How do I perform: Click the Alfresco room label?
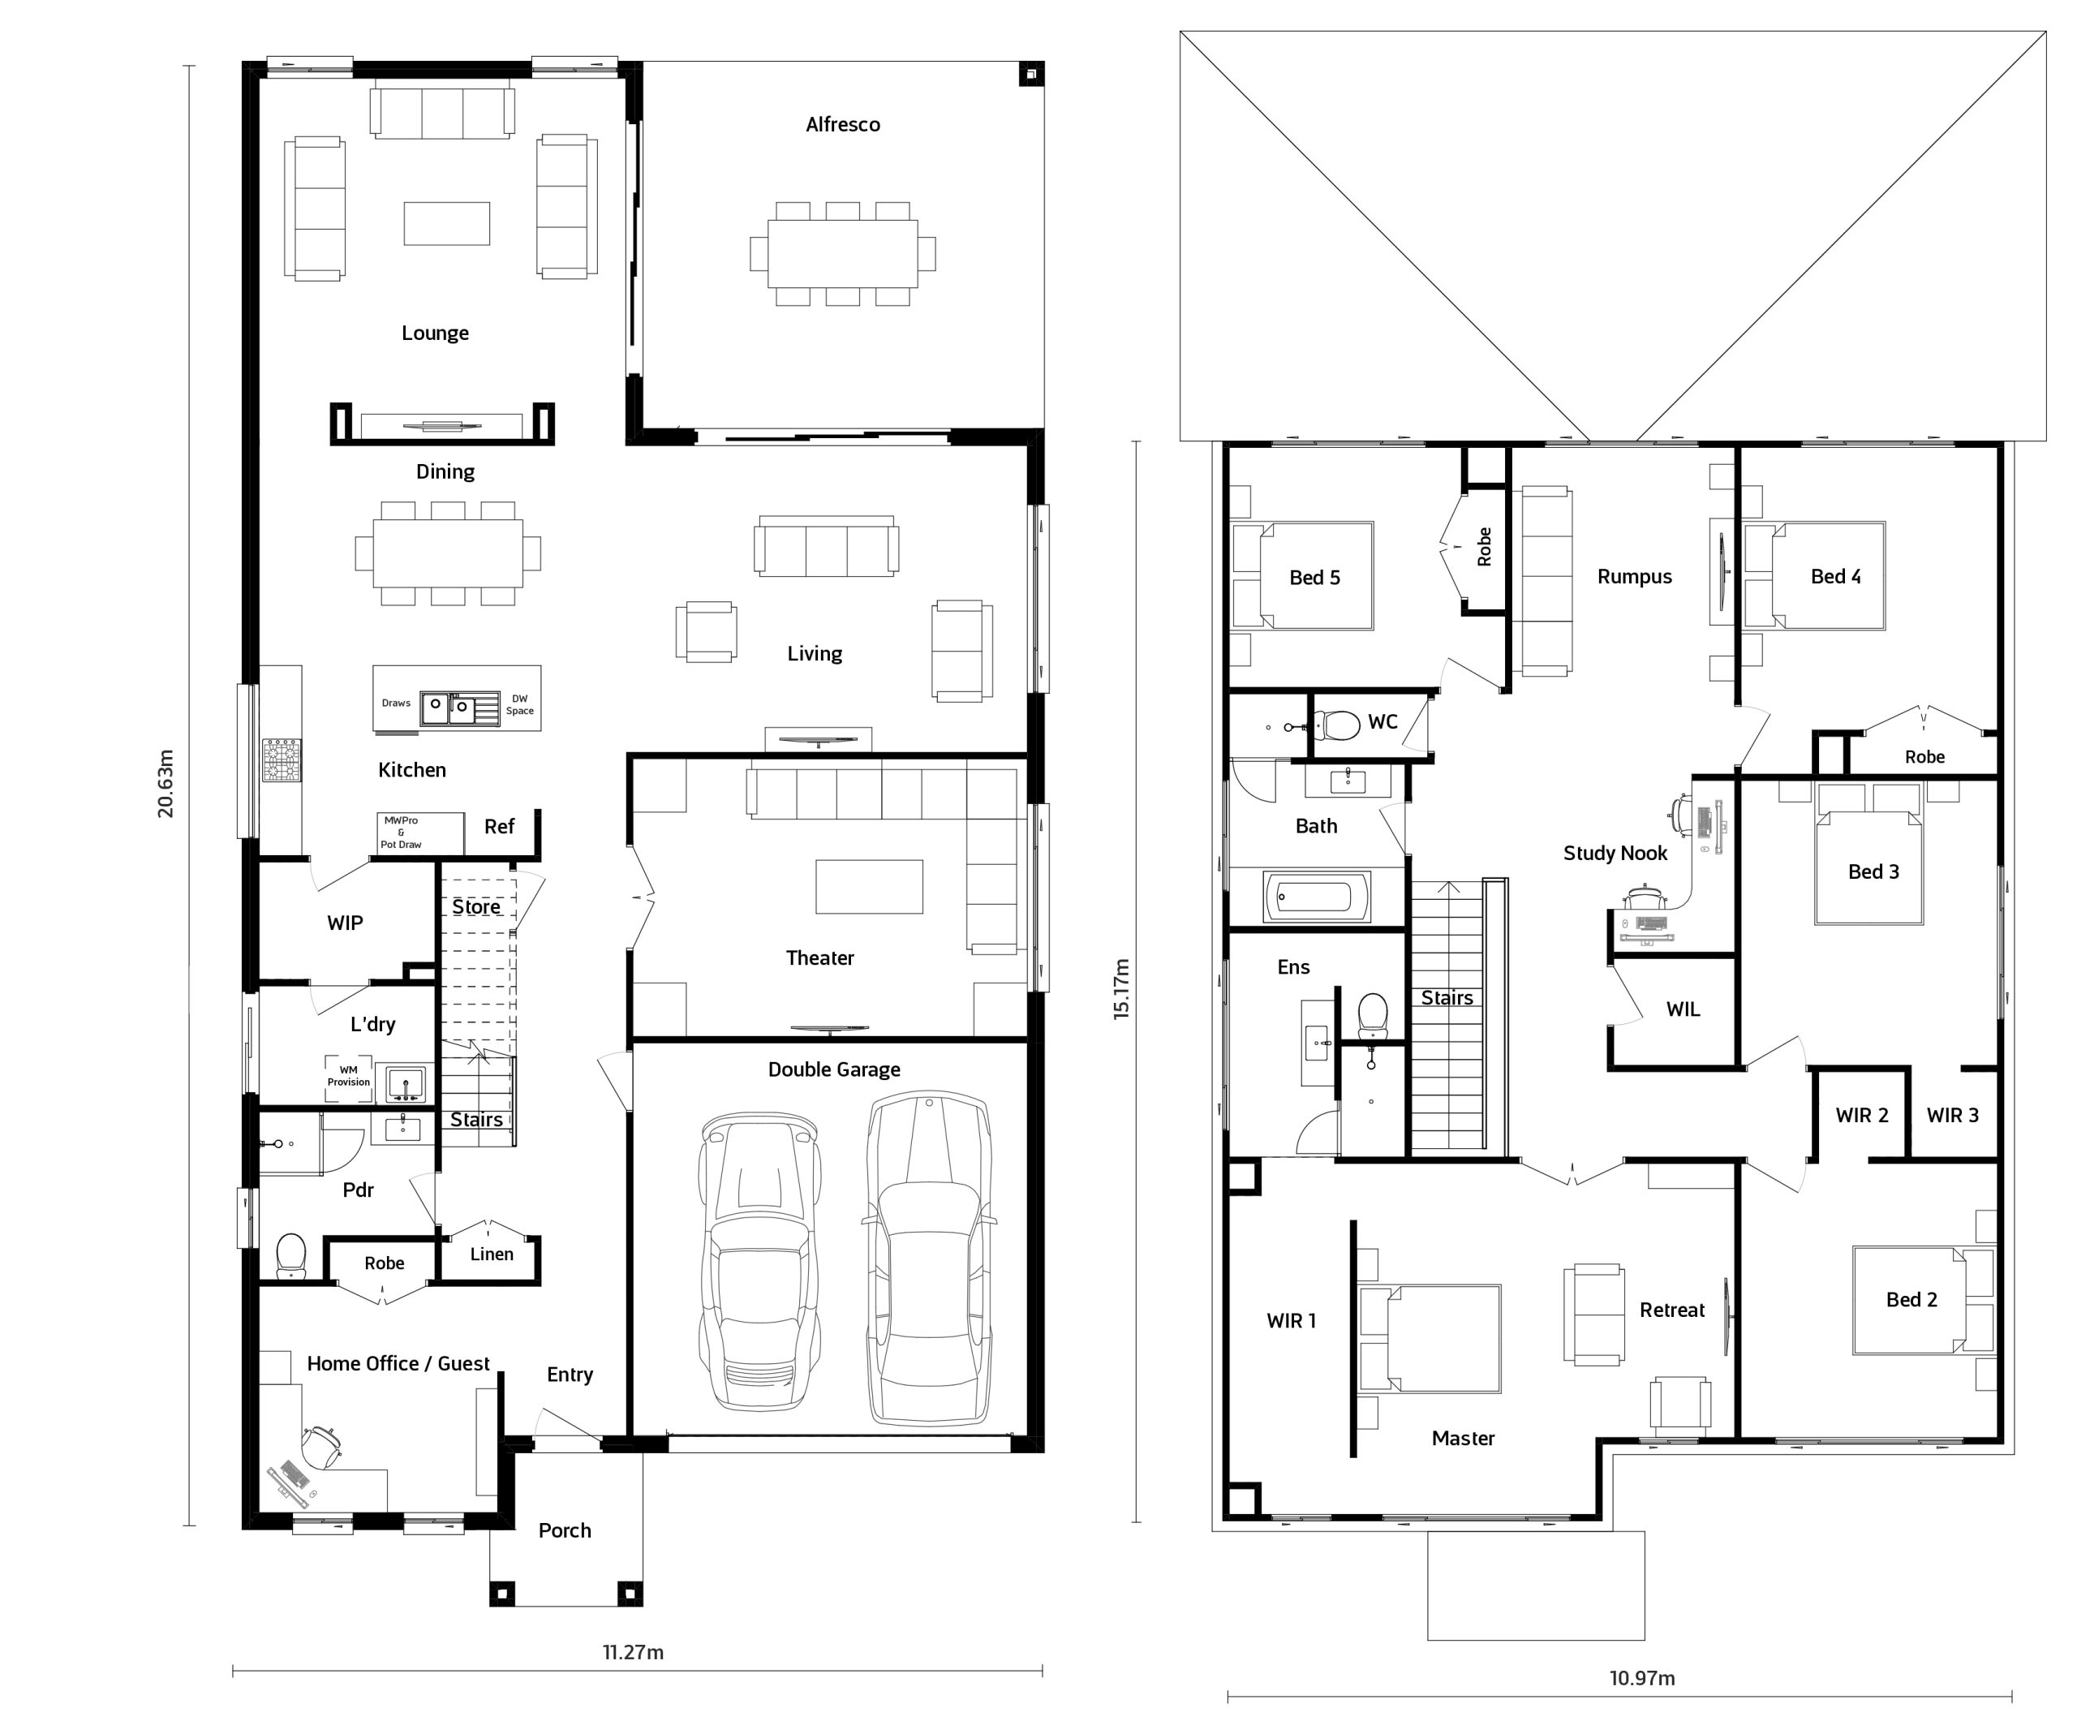coord(843,125)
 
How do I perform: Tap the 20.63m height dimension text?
coord(166,783)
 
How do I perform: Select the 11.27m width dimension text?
coord(633,1652)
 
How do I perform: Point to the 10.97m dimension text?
coord(1642,1678)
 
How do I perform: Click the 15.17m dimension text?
coord(1120,988)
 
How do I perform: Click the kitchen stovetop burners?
coord(281,759)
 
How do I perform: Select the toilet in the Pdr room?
coord(290,1255)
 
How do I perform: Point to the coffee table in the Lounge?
coord(447,224)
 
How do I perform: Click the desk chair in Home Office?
coord(322,1447)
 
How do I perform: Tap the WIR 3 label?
coord(1952,1116)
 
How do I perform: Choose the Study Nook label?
coord(1615,854)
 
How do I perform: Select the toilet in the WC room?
coord(1337,726)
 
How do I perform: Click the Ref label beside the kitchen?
coord(500,827)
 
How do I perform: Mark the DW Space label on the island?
coord(520,704)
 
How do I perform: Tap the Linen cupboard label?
coord(492,1254)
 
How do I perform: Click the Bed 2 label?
coord(1911,1300)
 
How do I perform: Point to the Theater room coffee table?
coord(870,886)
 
